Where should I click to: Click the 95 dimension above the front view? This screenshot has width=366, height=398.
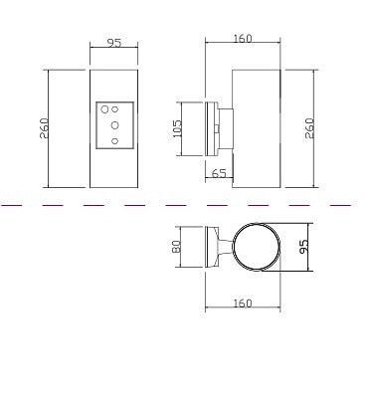coord(114,43)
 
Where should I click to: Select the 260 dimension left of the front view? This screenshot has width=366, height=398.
coord(44,128)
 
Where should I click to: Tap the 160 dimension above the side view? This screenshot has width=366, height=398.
coord(243,39)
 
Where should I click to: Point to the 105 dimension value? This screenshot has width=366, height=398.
coord(177,128)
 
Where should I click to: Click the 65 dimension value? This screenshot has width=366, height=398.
coord(219,173)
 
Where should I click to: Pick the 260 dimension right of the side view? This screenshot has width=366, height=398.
coord(308,128)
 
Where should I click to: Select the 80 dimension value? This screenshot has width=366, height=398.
coord(176,247)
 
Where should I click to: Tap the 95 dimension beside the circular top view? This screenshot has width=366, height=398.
coord(303,247)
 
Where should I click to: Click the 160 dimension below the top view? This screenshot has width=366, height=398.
coord(243,303)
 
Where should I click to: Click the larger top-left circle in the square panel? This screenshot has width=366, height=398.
coord(104,109)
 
